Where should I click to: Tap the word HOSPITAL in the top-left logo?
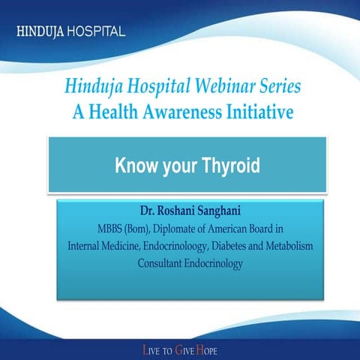[95, 33]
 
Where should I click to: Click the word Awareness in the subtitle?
[179, 112]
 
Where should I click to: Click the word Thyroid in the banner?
[225, 166]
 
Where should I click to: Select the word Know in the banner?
[136, 166]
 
